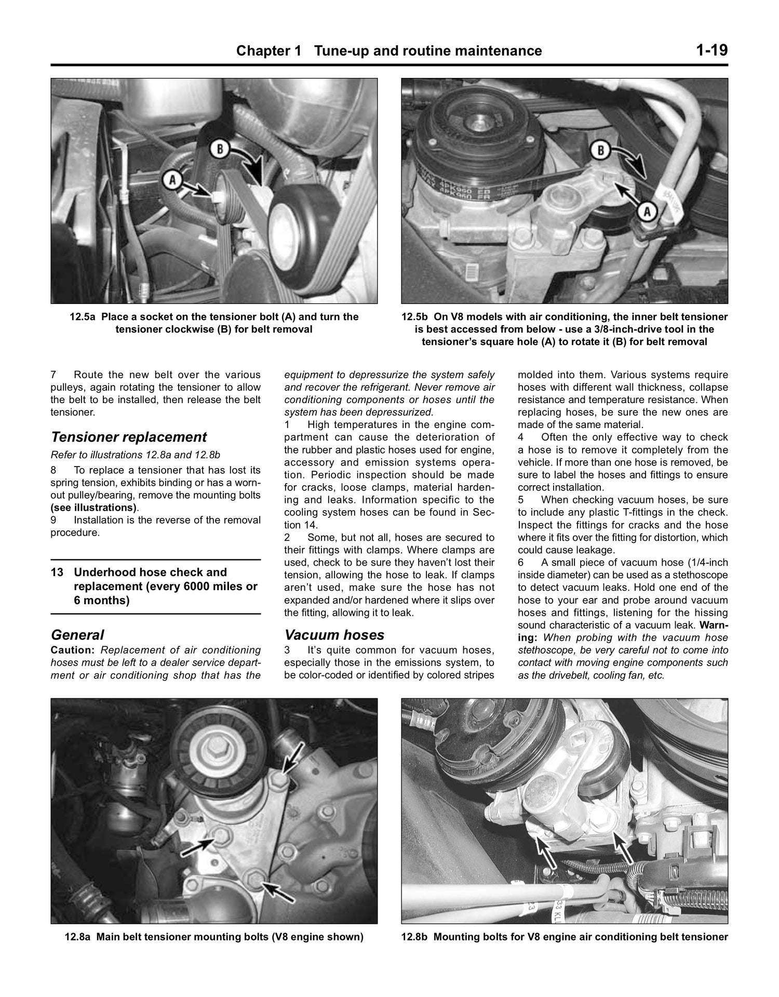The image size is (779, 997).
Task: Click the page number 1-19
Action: [712, 50]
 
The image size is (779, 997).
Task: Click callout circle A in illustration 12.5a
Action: [173, 180]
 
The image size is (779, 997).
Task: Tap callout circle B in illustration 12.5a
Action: [220, 150]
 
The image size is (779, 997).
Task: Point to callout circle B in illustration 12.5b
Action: [601, 151]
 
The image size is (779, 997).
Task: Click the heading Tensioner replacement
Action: [129, 437]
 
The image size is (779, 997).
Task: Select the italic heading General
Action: [77, 635]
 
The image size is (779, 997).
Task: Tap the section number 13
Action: [57, 572]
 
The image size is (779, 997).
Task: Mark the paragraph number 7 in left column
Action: [53, 375]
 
